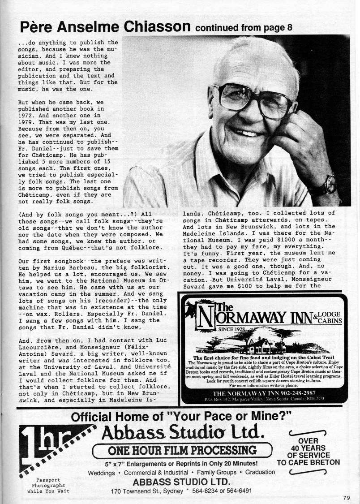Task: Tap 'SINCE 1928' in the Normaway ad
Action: [223, 330]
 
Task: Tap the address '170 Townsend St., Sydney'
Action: [148, 491]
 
